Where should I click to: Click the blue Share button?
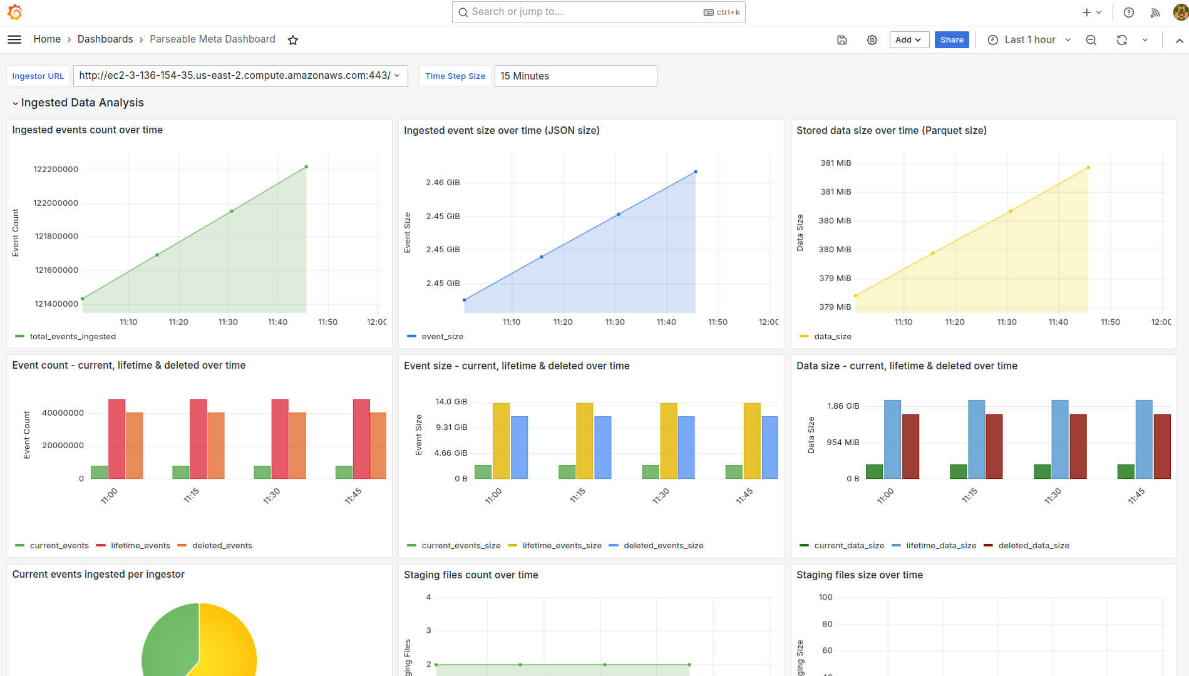point(952,40)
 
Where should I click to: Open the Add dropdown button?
point(908,40)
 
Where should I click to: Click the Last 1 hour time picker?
point(1029,40)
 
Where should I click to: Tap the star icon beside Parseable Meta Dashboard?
point(293,40)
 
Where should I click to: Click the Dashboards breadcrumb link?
point(105,39)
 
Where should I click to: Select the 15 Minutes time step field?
point(575,76)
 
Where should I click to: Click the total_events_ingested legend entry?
point(73,337)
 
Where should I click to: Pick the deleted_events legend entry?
point(222,546)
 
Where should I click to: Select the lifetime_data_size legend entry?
point(940,546)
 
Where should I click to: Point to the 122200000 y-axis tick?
point(56,170)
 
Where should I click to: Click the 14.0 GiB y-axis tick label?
point(451,402)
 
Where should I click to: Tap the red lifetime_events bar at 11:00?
point(117,439)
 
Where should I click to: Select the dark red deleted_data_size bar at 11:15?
point(994,446)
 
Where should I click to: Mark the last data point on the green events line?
point(306,167)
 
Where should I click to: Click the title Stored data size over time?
point(891,131)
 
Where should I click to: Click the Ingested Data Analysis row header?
point(82,103)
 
